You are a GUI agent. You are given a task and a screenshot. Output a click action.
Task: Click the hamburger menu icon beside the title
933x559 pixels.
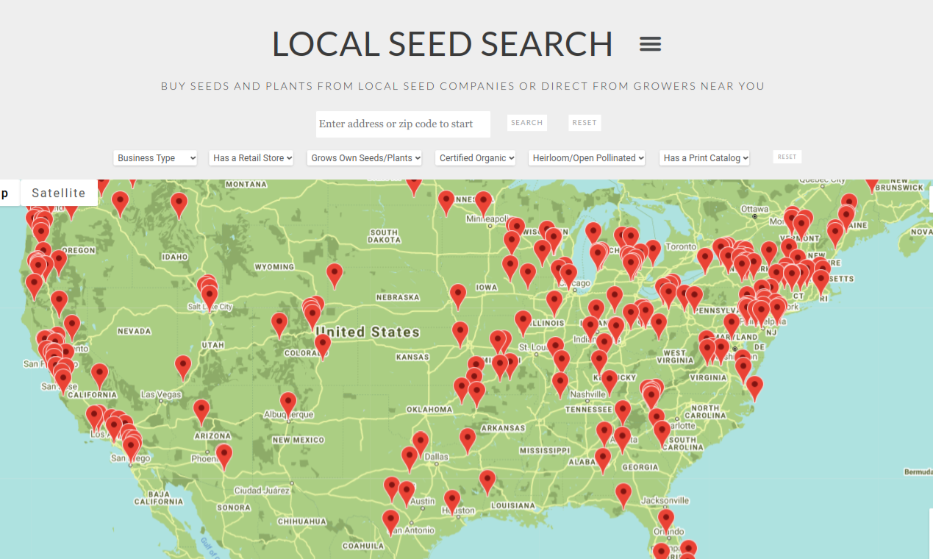coord(650,44)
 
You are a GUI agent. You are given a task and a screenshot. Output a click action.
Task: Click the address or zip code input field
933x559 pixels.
coord(403,124)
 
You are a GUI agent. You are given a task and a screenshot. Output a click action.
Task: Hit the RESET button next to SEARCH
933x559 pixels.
coord(585,123)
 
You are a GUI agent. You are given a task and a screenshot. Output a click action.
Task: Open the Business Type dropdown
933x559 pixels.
coord(155,157)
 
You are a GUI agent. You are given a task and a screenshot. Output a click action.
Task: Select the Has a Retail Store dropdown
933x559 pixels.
coord(251,157)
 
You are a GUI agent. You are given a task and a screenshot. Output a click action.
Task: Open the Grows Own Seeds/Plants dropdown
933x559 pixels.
coord(365,157)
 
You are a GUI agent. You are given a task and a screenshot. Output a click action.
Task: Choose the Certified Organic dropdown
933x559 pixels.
coord(476,157)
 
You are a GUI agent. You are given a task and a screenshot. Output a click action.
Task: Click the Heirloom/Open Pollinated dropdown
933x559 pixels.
coord(587,157)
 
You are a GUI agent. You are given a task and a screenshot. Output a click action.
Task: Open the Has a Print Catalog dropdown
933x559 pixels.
coord(704,157)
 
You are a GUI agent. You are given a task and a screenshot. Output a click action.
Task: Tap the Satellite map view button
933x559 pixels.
coord(59,193)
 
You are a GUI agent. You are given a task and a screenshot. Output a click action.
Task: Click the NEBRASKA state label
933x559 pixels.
coord(398,297)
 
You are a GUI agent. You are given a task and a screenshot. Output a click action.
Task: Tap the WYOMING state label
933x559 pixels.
coord(274,267)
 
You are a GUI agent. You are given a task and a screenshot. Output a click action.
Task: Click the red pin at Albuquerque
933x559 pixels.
coord(288,402)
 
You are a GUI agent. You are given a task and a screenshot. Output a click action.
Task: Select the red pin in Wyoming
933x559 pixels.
coord(335,274)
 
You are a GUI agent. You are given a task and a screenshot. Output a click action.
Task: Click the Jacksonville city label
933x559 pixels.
coord(665,500)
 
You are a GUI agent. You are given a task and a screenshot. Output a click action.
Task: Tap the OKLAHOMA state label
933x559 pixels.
coord(429,409)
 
